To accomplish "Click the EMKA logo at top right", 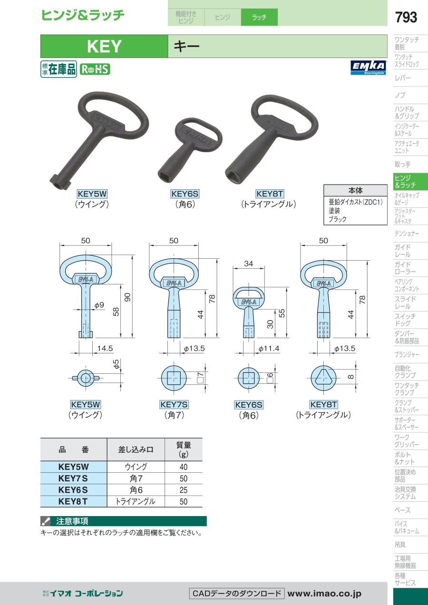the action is click(369, 68).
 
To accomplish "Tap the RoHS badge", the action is click(95, 69).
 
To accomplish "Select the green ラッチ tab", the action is click(259, 17).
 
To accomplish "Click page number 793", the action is click(406, 17).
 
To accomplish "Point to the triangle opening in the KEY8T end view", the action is click(323, 377).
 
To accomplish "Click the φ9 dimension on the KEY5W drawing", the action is click(99, 305).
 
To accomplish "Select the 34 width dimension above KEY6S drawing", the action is click(248, 263).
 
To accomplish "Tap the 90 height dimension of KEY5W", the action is click(127, 297).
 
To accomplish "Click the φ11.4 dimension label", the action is click(269, 349).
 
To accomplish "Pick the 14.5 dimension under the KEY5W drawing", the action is click(105, 348).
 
